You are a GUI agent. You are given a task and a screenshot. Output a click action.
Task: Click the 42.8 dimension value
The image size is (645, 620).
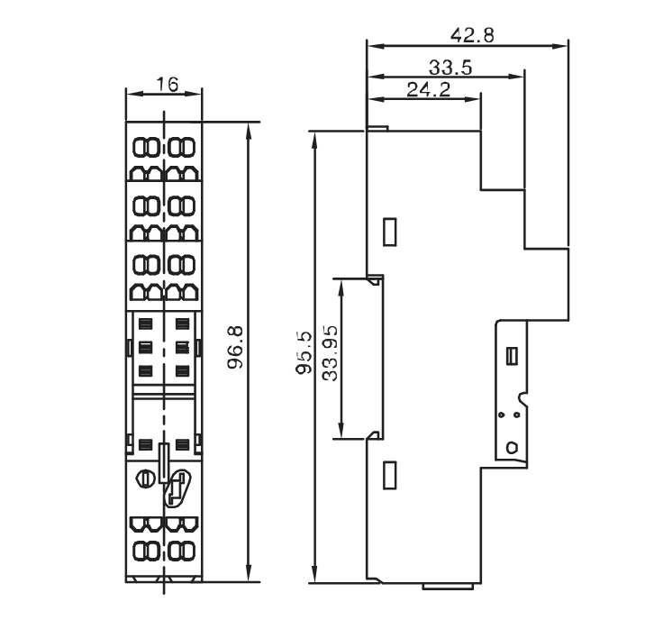(472, 35)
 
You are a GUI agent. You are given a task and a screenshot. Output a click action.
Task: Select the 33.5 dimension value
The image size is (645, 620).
(450, 68)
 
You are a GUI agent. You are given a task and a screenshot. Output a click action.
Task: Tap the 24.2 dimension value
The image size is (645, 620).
(429, 89)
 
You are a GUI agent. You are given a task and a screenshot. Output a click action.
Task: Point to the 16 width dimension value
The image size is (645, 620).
(167, 85)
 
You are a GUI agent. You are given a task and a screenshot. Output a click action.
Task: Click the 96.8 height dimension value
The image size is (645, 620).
(236, 347)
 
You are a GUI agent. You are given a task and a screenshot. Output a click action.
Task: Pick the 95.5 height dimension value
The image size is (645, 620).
(304, 353)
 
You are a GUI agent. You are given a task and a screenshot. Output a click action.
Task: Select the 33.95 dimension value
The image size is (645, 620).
(330, 353)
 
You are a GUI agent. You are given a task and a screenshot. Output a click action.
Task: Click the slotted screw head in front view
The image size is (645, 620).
(145, 478)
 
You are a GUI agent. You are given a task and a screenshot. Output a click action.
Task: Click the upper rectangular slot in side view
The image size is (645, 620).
(389, 232)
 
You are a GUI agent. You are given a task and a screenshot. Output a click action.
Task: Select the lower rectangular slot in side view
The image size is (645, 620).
(389, 475)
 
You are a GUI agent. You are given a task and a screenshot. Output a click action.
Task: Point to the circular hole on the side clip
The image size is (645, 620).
(512, 447)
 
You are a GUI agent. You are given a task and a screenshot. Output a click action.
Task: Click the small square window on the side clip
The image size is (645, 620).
(513, 355)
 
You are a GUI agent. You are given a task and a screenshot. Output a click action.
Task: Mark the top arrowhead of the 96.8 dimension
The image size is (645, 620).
(248, 130)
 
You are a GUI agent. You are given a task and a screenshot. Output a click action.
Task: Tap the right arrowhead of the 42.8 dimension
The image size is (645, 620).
(560, 46)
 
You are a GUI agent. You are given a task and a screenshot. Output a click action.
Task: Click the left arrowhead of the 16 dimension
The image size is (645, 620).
(133, 94)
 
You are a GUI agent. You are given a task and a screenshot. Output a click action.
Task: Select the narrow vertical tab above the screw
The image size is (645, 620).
(164, 463)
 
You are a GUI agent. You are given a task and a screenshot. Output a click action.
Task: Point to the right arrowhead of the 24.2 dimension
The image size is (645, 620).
(472, 99)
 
